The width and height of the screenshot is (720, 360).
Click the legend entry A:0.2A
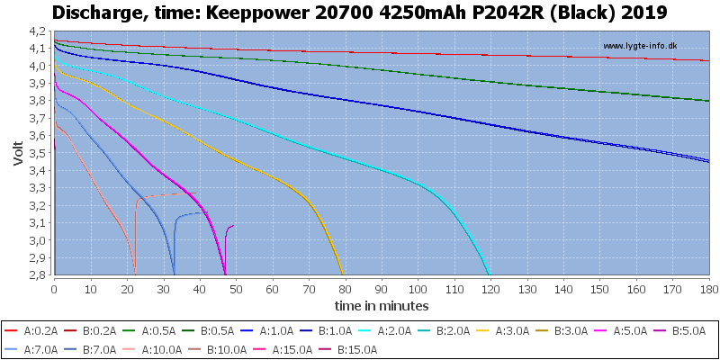(x=31, y=330)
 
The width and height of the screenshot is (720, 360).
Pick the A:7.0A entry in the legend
(x=31, y=349)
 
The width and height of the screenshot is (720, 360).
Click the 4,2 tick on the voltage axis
(x=41, y=31)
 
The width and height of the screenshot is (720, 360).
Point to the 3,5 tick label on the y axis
(x=41, y=153)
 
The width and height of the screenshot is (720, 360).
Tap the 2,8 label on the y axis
(x=41, y=275)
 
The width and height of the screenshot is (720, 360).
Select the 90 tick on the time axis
(x=382, y=289)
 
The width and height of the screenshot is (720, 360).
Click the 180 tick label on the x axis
(x=709, y=289)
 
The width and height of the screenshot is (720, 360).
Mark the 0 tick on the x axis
(x=55, y=289)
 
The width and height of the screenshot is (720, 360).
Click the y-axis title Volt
(x=18, y=153)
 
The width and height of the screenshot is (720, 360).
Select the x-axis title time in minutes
(x=382, y=305)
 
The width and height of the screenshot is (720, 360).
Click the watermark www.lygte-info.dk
(x=640, y=46)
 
